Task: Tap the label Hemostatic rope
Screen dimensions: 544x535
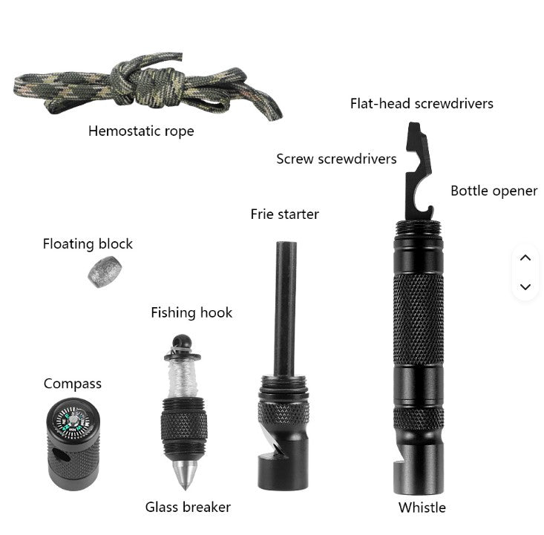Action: (x=141, y=131)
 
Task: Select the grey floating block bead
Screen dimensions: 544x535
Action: (x=105, y=272)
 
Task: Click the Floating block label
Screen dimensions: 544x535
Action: (x=88, y=244)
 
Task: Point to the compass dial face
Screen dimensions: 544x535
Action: (x=73, y=421)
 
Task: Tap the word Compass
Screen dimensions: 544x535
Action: (x=73, y=384)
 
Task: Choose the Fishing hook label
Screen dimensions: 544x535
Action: (x=191, y=312)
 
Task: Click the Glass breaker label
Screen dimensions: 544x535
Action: (x=188, y=508)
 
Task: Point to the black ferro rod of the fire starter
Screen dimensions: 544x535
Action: (x=285, y=309)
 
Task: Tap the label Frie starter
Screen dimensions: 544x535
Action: (x=284, y=214)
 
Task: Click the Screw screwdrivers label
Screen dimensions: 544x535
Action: (x=336, y=159)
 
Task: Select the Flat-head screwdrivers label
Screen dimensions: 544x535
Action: (x=422, y=103)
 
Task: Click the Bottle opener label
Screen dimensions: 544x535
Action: (x=494, y=191)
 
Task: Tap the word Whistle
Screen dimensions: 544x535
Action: (x=422, y=508)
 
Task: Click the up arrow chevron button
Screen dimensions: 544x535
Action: (x=525, y=257)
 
